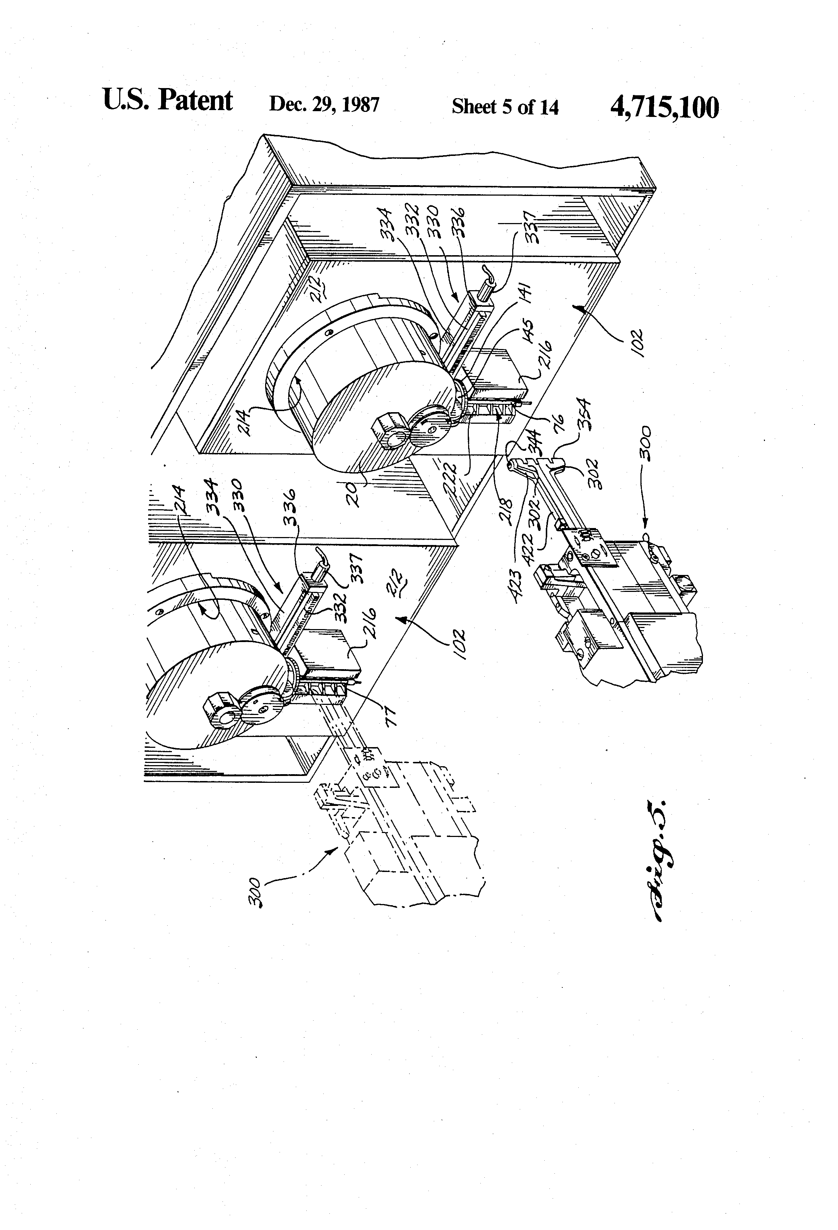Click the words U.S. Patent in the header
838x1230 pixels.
[x=167, y=101]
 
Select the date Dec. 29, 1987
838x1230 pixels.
[x=324, y=104]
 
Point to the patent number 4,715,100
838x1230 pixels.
[x=665, y=108]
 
